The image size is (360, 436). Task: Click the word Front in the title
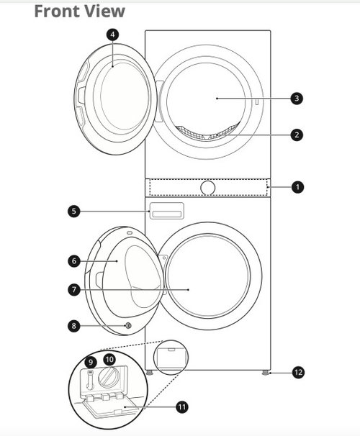click(x=57, y=12)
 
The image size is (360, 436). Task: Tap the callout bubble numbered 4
click(x=112, y=35)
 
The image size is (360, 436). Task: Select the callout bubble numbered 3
click(x=297, y=98)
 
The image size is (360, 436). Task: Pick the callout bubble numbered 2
click(x=297, y=135)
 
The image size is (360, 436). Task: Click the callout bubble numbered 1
click(x=297, y=187)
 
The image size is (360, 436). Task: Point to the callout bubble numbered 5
click(x=73, y=211)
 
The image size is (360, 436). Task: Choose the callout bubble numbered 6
click(x=74, y=261)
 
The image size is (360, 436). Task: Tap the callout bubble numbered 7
click(x=74, y=290)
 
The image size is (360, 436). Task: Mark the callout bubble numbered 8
click(x=73, y=326)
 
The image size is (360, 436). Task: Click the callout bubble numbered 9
click(x=91, y=363)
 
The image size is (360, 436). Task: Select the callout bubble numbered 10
click(x=109, y=360)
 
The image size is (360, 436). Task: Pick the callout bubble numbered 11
click(x=182, y=407)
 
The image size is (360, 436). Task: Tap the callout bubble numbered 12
click(x=298, y=372)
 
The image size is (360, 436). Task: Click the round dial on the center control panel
click(x=207, y=188)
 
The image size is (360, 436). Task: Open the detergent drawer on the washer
click(x=166, y=211)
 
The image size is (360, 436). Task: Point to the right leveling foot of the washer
click(x=266, y=373)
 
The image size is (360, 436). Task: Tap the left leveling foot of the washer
click(x=150, y=373)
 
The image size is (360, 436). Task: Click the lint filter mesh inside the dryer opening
click(x=207, y=132)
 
